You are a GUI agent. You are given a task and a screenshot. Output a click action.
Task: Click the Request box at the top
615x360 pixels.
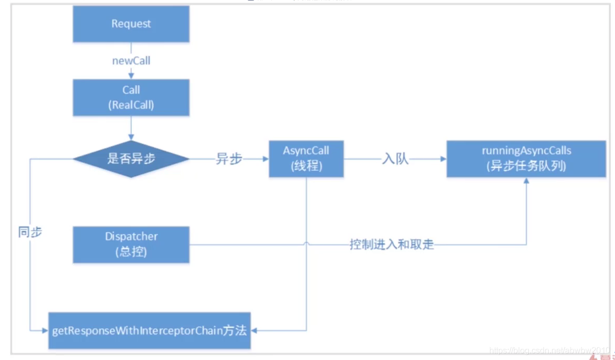(131, 24)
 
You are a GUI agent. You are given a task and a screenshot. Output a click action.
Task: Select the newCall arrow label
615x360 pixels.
(131, 61)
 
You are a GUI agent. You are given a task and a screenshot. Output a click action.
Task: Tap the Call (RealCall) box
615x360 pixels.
(131, 98)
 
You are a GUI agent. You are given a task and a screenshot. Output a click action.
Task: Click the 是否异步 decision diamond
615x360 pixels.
(131, 159)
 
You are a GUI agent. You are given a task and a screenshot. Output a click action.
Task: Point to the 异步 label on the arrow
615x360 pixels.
(229, 159)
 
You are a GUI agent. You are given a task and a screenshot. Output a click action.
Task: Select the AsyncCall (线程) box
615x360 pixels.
(306, 159)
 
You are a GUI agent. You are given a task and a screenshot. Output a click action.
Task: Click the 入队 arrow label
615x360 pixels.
(395, 159)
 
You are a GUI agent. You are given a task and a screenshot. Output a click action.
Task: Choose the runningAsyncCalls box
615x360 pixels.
(526, 159)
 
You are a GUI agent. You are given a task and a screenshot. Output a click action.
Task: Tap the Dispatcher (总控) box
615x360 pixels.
(131, 244)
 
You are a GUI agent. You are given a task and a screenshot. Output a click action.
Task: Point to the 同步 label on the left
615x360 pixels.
(30, 232)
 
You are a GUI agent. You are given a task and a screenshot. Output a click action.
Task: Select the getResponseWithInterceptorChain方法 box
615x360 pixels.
(150, 331)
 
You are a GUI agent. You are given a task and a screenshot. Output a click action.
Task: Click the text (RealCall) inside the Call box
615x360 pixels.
(131, 104)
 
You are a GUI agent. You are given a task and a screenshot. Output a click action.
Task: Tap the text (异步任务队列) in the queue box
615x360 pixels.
(526, 166)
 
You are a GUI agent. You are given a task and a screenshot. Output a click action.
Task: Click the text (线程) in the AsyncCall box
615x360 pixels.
(306, 166)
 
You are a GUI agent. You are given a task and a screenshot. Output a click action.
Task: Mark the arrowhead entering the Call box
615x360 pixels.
(131, 76)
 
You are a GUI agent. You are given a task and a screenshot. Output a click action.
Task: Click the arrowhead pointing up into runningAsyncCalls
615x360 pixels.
(526, 181)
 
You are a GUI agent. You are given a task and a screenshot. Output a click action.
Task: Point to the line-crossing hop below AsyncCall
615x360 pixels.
(306, 244)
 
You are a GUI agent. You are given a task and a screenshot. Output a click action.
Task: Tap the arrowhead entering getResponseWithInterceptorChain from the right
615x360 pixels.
(255, 331)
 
